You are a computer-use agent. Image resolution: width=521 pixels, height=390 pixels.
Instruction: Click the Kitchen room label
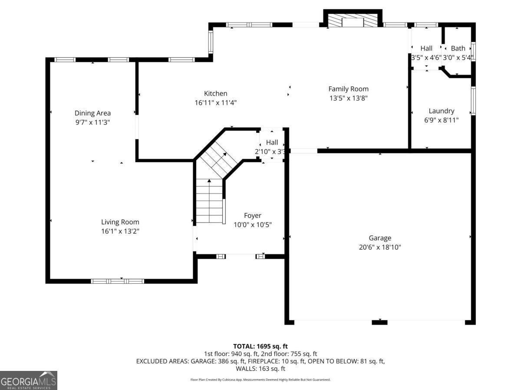[215, 93]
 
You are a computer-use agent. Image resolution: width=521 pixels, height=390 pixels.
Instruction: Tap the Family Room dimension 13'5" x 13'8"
[348, 98]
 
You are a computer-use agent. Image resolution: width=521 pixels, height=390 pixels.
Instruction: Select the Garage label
[380, 238]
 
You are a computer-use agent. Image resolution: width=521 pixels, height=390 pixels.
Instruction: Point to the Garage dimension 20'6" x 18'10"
[380, 247]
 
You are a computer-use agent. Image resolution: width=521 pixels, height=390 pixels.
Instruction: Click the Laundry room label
[441, 111]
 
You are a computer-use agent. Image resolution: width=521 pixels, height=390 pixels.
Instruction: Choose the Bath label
[458, 48]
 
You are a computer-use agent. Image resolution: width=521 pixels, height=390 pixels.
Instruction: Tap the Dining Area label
[92, 113]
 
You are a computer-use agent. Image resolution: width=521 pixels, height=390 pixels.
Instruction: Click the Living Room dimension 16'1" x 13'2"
[120, 231]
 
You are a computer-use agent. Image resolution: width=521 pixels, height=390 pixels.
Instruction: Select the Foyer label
[252, 215]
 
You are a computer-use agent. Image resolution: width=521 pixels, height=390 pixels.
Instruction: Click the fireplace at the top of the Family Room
[353, 21]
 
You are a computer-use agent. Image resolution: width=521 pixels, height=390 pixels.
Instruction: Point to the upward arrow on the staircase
[209, 181]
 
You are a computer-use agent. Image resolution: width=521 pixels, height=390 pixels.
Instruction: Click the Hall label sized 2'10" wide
[272, 142]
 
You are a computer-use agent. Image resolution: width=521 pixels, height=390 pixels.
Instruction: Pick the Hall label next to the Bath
[426, 48]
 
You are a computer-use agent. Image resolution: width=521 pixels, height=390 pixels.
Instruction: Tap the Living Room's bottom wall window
[117, 281]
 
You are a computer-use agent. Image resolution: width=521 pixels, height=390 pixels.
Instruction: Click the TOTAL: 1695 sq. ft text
[260, 346]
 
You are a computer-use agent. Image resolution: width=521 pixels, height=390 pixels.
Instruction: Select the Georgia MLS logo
[29, 380]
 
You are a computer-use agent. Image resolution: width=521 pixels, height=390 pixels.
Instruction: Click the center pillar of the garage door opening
[379, 322]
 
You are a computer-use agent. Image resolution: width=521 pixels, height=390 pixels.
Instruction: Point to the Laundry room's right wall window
[473, 101]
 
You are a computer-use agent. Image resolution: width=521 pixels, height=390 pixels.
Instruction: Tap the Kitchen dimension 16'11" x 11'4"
[215, 103]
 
